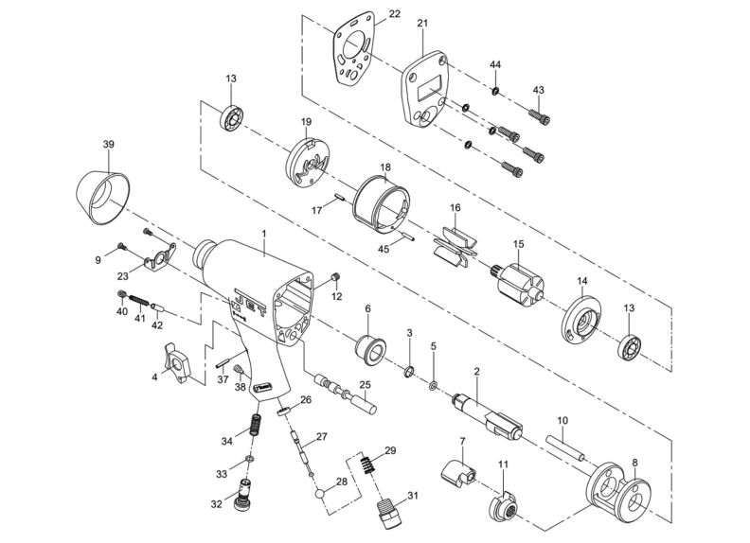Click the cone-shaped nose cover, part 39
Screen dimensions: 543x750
click(101, 195)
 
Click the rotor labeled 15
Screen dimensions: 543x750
click(520, 282)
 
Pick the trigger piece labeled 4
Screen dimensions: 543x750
click(176, 363)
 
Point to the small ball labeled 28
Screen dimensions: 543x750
click(323, 491)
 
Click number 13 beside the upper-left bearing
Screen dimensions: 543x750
click(230, 79)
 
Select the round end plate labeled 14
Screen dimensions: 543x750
click(579, 320)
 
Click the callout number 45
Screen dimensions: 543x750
click(384, 250)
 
